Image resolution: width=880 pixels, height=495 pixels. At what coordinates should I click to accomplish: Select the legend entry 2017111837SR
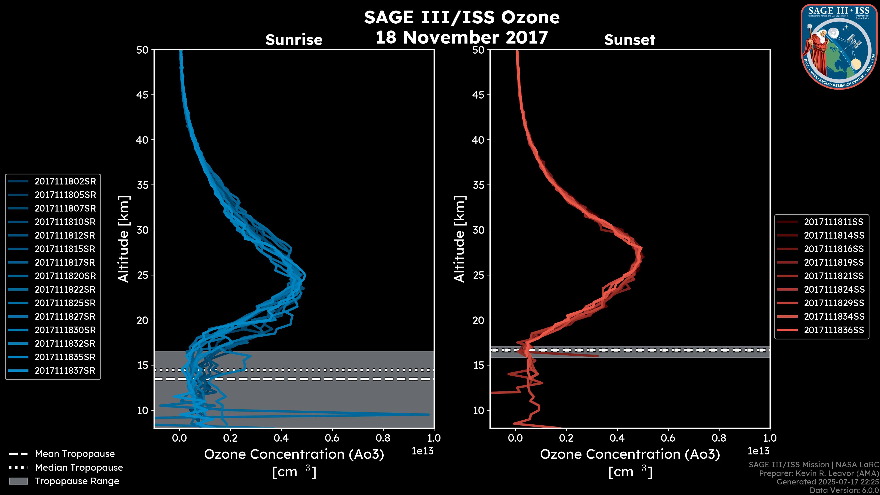[65, 371]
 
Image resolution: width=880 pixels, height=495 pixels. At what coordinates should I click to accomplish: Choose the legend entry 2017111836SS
[833, 330]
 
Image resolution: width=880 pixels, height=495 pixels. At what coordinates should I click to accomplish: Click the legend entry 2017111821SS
[833, 276]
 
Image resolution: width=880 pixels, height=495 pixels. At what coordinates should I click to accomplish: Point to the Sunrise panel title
[294, 40]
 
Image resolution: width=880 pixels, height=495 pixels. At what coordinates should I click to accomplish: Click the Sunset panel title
[630, 40]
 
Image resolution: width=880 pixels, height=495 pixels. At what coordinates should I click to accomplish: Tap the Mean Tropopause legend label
[75, 454]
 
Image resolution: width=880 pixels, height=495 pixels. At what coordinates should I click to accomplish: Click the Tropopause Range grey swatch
[18, 481]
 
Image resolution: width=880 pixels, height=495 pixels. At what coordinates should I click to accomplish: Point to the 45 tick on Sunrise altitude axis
[143, 95]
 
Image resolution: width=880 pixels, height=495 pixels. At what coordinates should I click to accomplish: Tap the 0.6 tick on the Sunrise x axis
[332, 438]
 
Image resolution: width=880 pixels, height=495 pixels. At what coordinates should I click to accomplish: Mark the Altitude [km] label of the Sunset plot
[459, 239]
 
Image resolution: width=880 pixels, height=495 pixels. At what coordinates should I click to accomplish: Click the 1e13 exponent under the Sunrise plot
[423, 451]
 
